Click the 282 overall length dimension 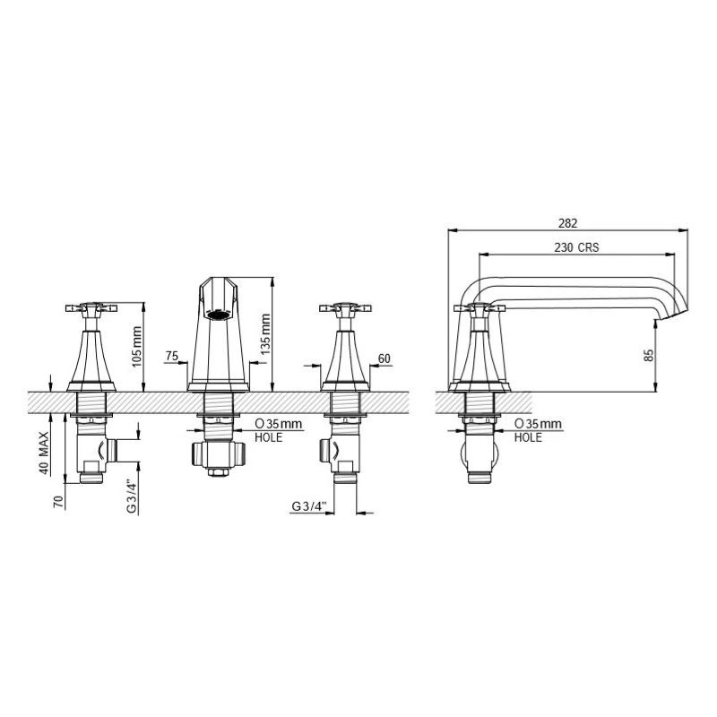(x=568, y=222)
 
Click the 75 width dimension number (x=171, y=357)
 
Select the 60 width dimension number (x=384, y=358)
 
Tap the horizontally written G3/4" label (x=310, y=506)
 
